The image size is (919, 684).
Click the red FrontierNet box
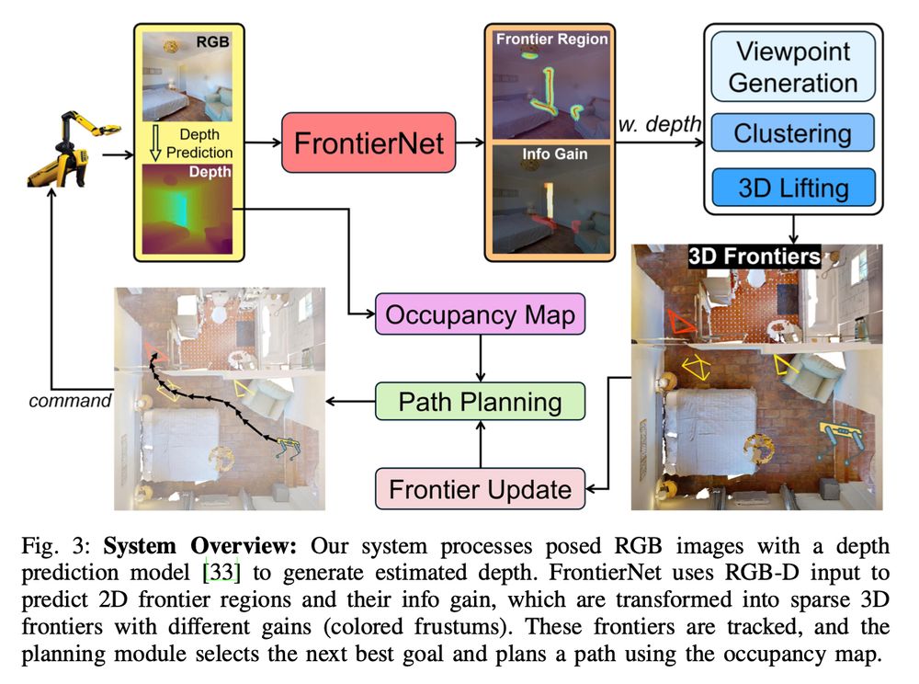pos(368,142)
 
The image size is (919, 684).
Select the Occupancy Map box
pos(481,315)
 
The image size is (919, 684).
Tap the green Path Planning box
pos(481,402)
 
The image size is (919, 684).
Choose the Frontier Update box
pos(480,488)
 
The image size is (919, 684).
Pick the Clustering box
pos(792,133)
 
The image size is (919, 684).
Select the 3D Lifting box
pos(792,188)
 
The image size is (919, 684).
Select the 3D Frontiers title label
pos(754,256)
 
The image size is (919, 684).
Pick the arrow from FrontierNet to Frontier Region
pos(469,142)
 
